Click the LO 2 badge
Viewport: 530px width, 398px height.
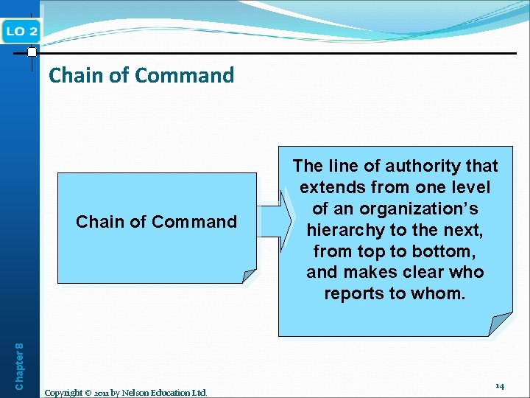(21, 30)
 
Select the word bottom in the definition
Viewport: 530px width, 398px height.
(448, 251)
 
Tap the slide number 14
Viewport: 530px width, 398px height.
(499, 385)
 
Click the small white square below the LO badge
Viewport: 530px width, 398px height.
(32, 52)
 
